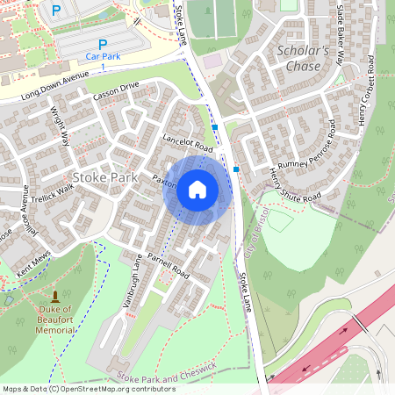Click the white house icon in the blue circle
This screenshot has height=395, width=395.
coord(197,190)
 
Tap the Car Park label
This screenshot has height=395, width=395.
coord(102,56)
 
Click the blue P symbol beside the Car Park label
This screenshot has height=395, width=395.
coord(102,44)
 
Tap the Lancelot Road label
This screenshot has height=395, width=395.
coord(188,140)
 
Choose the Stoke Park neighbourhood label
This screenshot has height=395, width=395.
coord(105,176)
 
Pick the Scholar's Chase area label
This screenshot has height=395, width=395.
coord(302,57)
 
